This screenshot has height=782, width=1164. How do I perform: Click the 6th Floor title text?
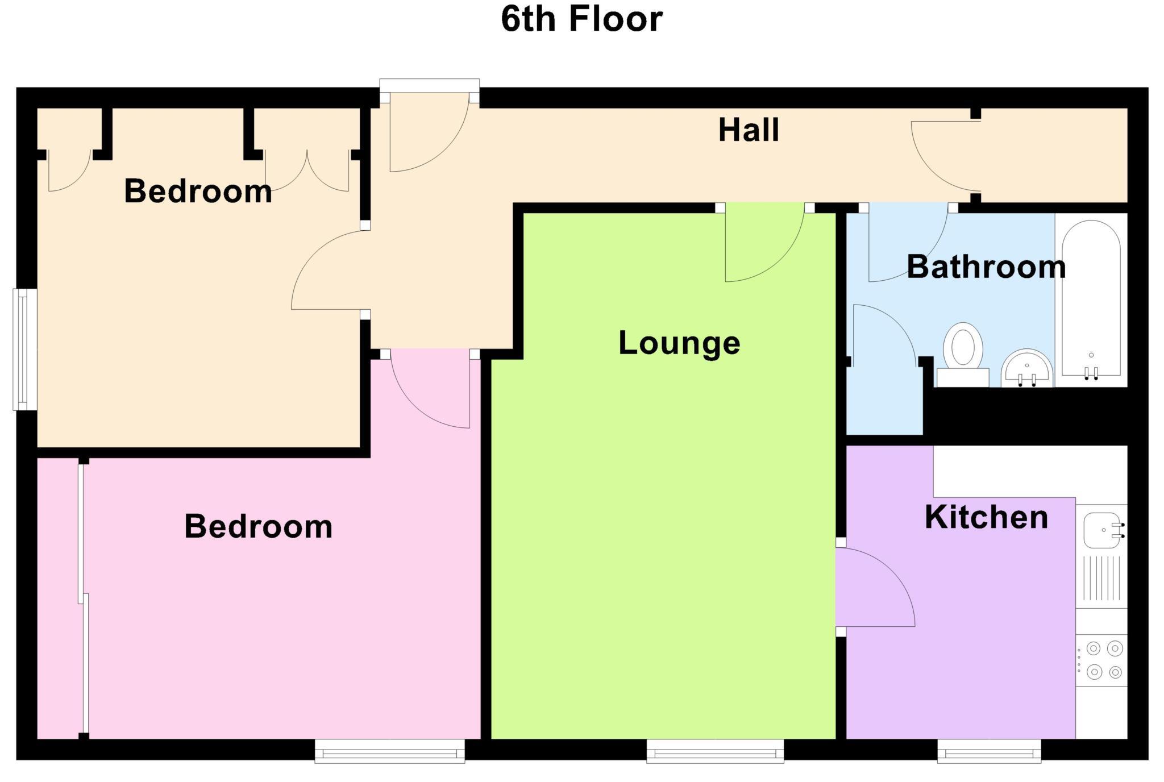[x=581, y=19]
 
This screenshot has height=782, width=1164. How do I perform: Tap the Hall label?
[x=748, y=130]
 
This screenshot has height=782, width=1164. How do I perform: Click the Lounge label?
[x=679, y=343]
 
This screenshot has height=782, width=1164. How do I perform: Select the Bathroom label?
[x=986, y=267]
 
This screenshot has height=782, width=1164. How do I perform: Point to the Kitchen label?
[x=986, y=517]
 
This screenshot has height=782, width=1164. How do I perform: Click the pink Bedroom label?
[x=258, y=526]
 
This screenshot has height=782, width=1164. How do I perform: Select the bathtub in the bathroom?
[x=1091, y=298]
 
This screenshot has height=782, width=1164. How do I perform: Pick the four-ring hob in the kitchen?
[x=1103, y=660]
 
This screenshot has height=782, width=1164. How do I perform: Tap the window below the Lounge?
[x=715, y=751]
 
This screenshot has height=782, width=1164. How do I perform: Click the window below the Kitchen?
[x=989, y=751]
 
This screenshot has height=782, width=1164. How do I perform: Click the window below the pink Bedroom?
[x=390, y=751]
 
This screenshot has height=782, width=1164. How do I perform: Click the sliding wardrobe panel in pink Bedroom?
[x=84, y=597]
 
